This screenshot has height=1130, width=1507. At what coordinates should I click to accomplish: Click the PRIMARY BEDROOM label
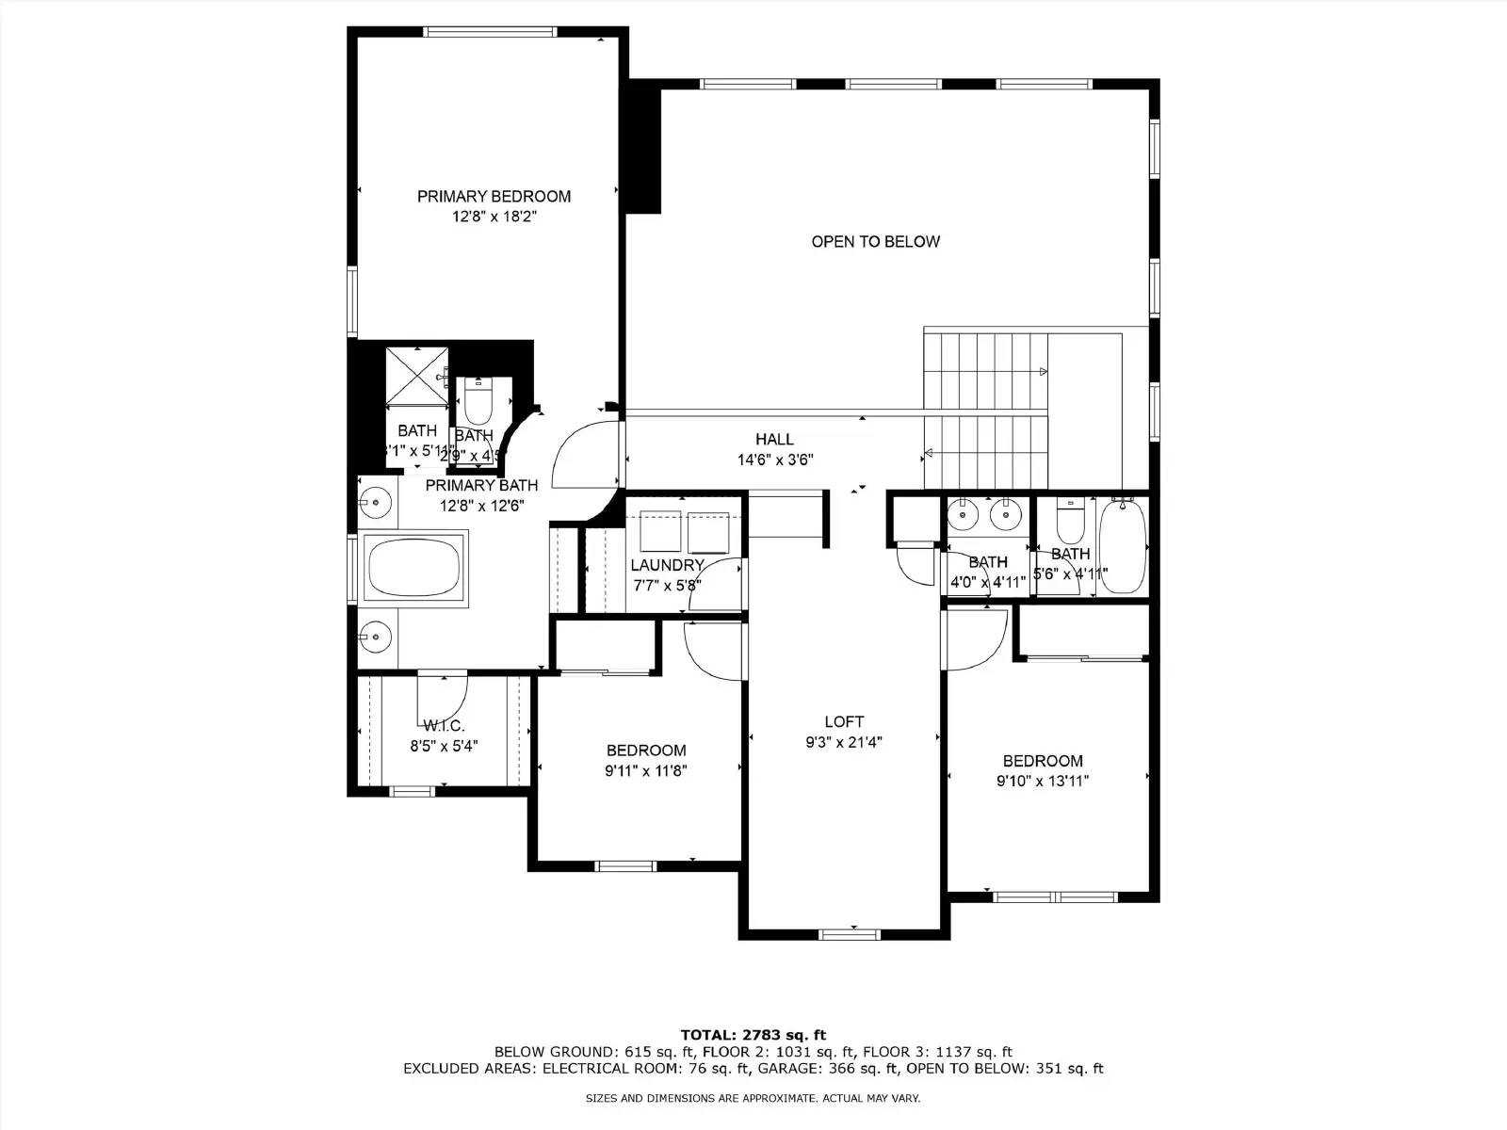click(x=494, y=196)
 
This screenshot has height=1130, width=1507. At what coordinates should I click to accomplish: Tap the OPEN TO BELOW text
click(x=875, y=241)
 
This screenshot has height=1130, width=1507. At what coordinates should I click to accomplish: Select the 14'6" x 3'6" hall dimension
click(x=774, y=460)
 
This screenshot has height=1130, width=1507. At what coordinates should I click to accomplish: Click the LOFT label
click(x=844, y=721)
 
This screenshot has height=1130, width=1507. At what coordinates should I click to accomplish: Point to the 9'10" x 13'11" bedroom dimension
click(x=1043, y=781)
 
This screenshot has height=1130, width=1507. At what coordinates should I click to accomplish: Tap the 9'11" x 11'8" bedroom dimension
click(x=646, y=770)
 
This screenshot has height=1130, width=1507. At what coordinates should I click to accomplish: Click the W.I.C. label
click(x=444, y=725)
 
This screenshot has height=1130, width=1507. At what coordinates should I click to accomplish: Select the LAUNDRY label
click(x=667, y=565)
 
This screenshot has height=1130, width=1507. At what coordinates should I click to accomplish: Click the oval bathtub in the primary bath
click(x=414, y=569)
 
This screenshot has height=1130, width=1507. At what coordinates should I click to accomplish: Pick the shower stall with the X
click(x=415, y=376)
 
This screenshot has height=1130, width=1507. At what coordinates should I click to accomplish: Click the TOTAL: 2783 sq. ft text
click(x=753, y=1035)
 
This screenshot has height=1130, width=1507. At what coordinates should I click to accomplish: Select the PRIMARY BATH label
click(x=481, y=485)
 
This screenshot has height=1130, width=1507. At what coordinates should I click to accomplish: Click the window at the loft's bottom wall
click(x=849, y=934)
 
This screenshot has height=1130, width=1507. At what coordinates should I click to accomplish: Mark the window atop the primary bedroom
click(x=490, y=31)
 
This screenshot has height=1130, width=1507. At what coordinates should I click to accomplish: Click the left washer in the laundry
click(x=660, y=532)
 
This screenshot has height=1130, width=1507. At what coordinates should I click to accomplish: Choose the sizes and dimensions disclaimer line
click(x=753, y=1098)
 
